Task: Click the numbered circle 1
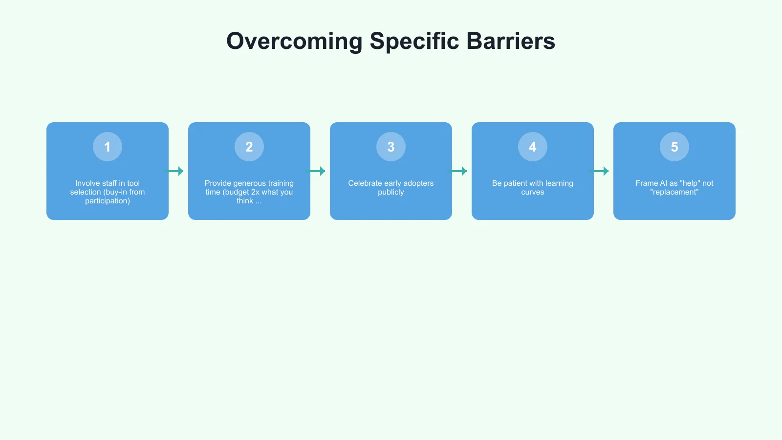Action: coord(108,147)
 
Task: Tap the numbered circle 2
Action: coord(249,147)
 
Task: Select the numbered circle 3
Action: coord(391,147)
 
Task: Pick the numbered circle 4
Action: coord(533,147)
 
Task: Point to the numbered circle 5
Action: coord(674,147)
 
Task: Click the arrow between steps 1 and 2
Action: coord(174,171)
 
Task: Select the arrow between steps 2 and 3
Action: coord(316,171)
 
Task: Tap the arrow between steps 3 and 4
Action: coord(457,171)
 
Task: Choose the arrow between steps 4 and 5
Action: coord(599,171)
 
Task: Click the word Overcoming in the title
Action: coord(294,42)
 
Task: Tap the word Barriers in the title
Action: coord(511,42)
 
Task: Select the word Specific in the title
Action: coord(414,42)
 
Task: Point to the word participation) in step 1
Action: coord(108,201)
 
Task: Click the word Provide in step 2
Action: coord(218,183)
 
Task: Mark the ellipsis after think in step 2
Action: coord(259,201)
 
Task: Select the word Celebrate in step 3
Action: coord(365,183)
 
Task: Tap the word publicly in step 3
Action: coord(391,192)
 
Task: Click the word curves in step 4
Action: coord(533,192)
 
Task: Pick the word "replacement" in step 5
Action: coord(674,192)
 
